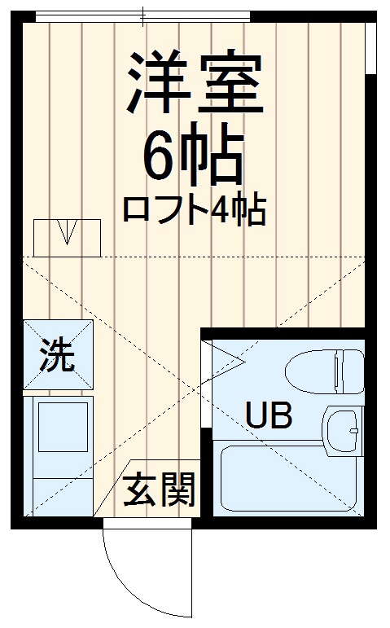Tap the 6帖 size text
(194, 156)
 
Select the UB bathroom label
(268, 416)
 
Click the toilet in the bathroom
(323, 371)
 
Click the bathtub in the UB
(289, 481)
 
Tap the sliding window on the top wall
(143, 15)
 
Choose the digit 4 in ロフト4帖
(219, 210)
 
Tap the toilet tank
(351, 371)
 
